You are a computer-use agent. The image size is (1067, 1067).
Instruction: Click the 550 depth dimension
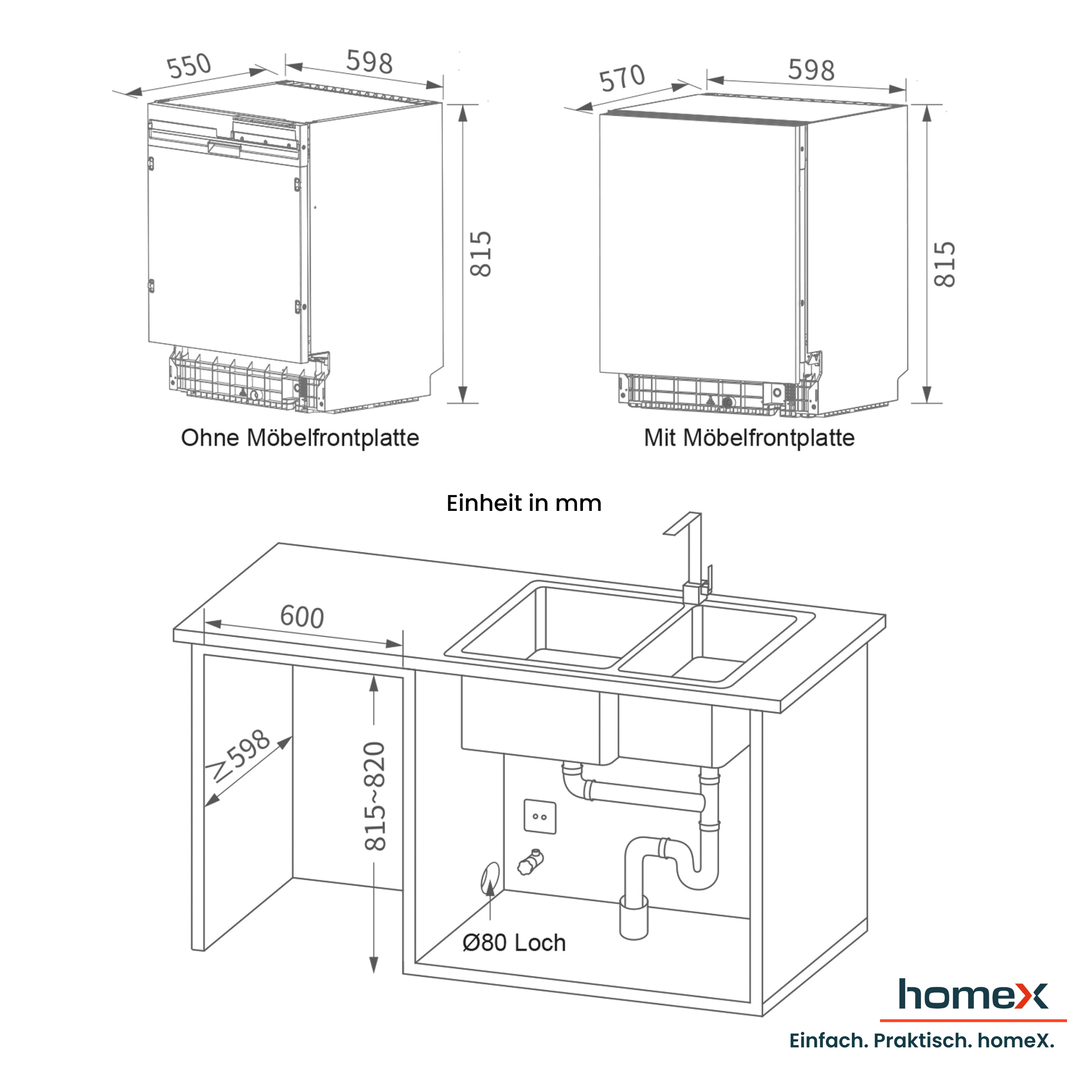tap(189, 66)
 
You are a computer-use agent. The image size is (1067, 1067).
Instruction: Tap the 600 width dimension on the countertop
tap(302, 616)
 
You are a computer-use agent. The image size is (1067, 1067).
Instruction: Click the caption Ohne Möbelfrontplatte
tap(300, 438)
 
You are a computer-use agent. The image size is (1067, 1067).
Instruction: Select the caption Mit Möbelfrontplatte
tap(749, 438)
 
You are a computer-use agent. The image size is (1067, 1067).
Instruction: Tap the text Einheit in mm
tap(524, 503)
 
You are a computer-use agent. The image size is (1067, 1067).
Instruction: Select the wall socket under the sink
tap(539, 816)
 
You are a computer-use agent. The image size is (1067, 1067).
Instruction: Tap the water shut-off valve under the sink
tap(531, 862)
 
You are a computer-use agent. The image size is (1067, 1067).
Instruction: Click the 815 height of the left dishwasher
tap(481, 254)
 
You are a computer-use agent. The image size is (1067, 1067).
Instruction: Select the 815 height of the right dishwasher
tap(945, 265)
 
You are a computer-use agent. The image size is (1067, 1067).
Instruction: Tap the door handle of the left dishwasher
tap(224, 147)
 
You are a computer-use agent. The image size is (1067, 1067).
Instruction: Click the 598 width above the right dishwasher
tap(811, 70)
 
